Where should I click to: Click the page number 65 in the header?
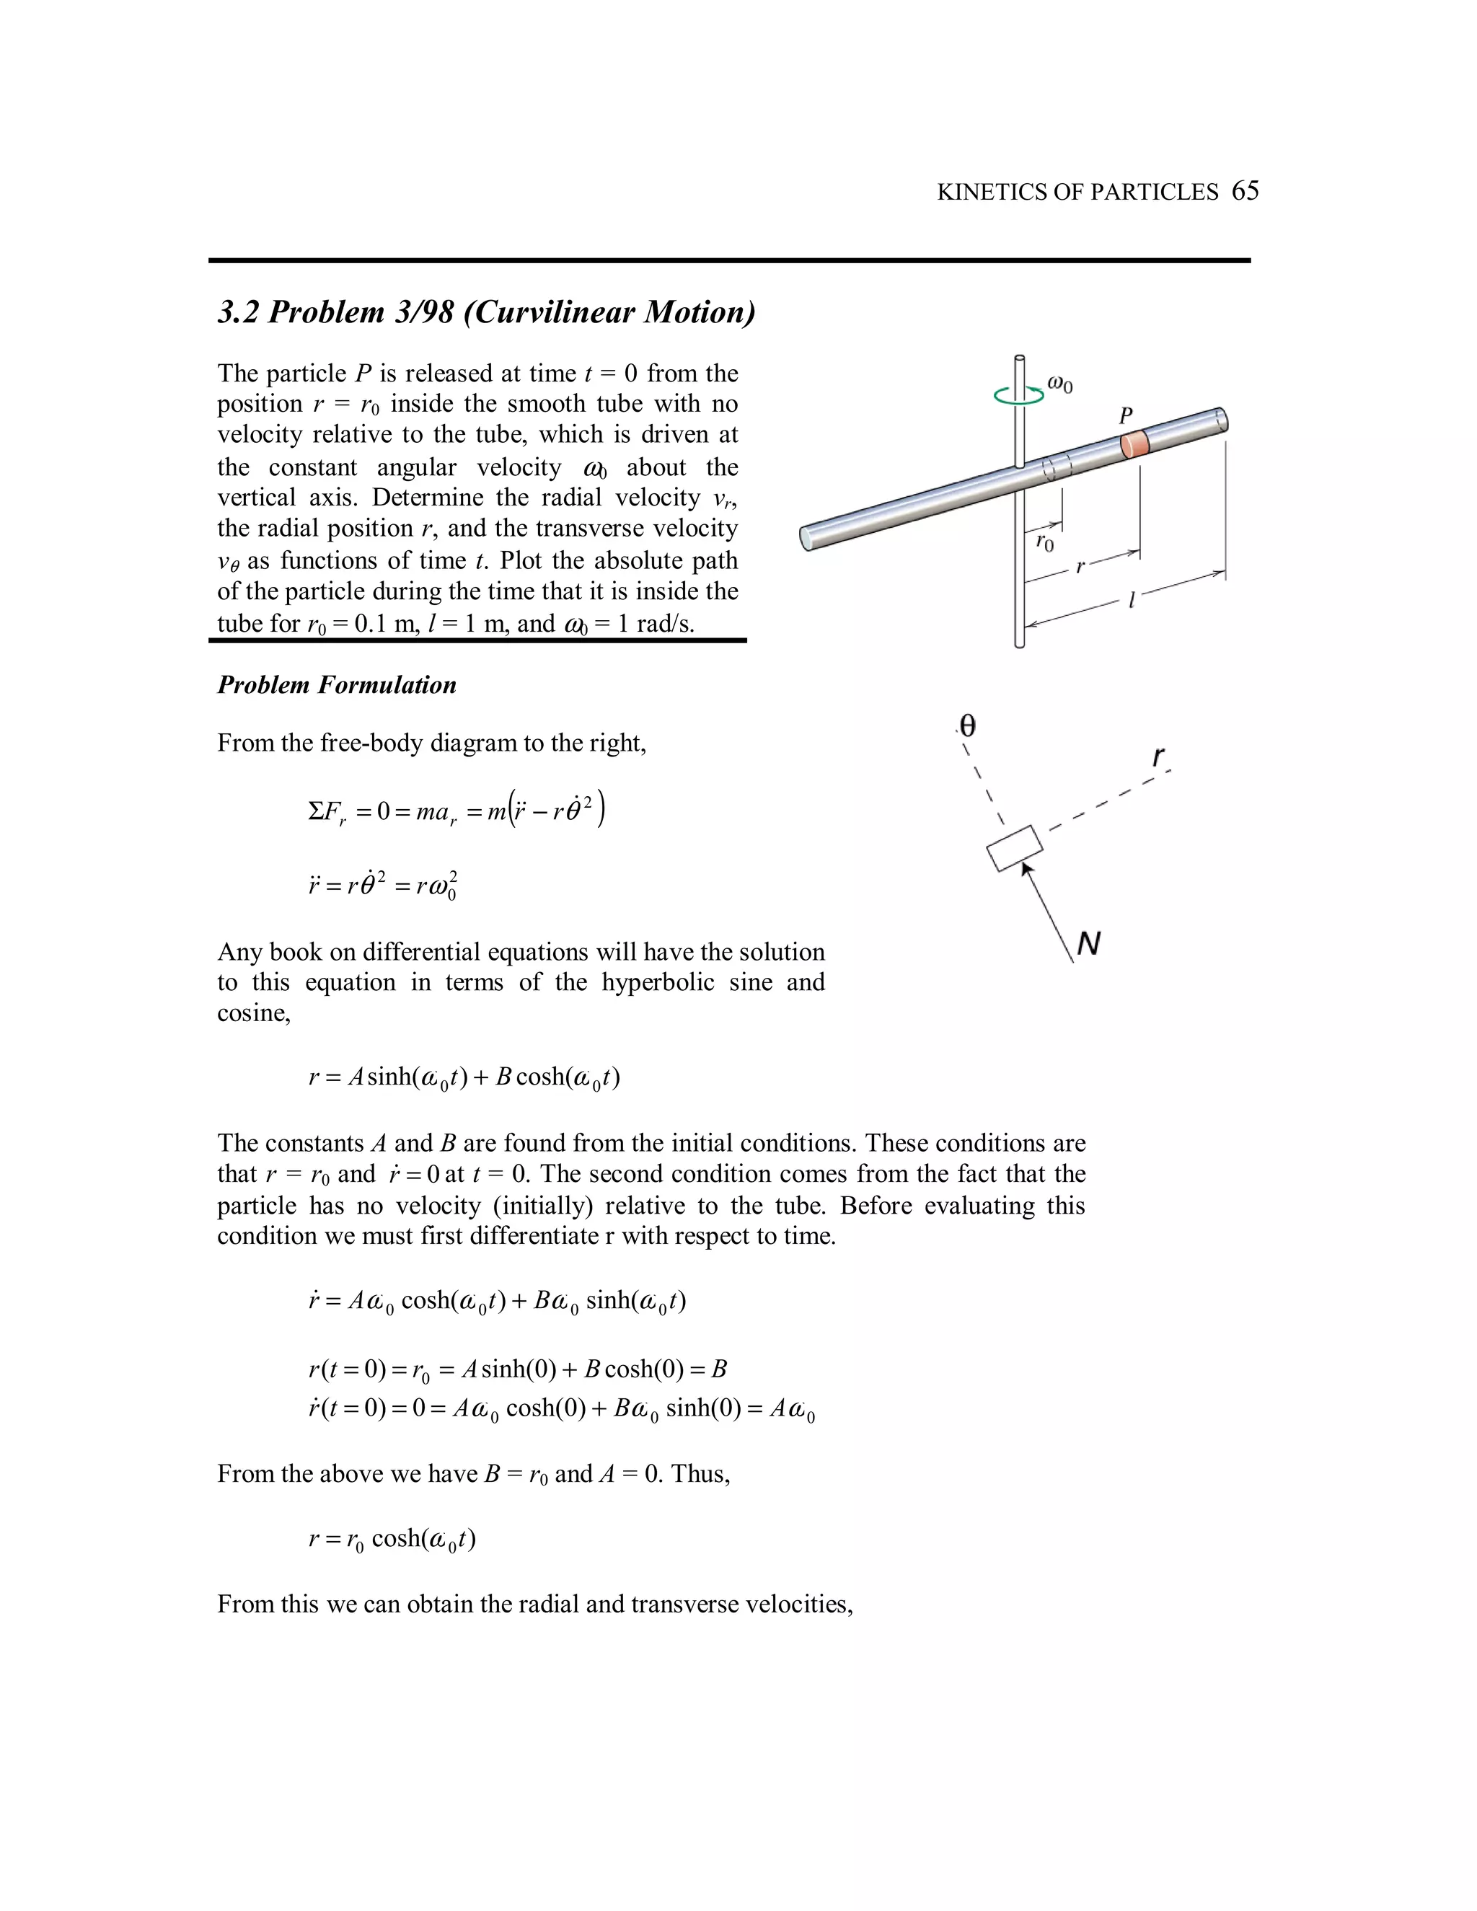(x=1244, y=191)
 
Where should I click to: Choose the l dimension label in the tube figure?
(x=1132, y=600)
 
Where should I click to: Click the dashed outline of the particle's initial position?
(x=1057, y=467)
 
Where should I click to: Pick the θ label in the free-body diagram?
(x=967, y=725)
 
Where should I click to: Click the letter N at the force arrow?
(x=1088, y=943)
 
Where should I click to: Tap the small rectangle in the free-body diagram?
(x=1015, y=848)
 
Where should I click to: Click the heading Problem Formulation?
(x=337, y=684)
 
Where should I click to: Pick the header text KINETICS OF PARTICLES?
(x=1077, y=192)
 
